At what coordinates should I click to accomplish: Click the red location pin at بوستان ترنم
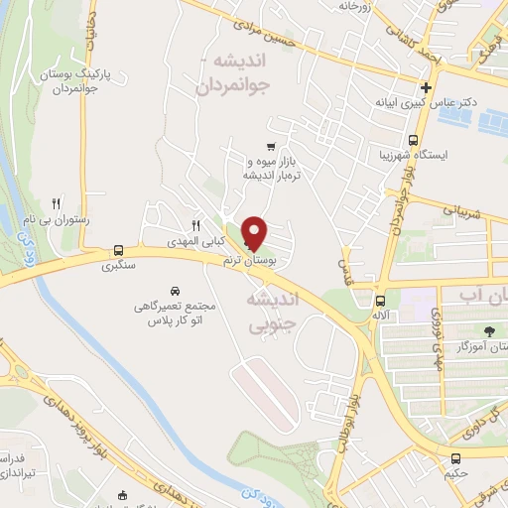click(256, 232)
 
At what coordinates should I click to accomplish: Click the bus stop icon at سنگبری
click(119, 250)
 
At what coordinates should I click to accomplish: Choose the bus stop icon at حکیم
click(455, 459)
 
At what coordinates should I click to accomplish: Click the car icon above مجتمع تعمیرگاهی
click(175, 291)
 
